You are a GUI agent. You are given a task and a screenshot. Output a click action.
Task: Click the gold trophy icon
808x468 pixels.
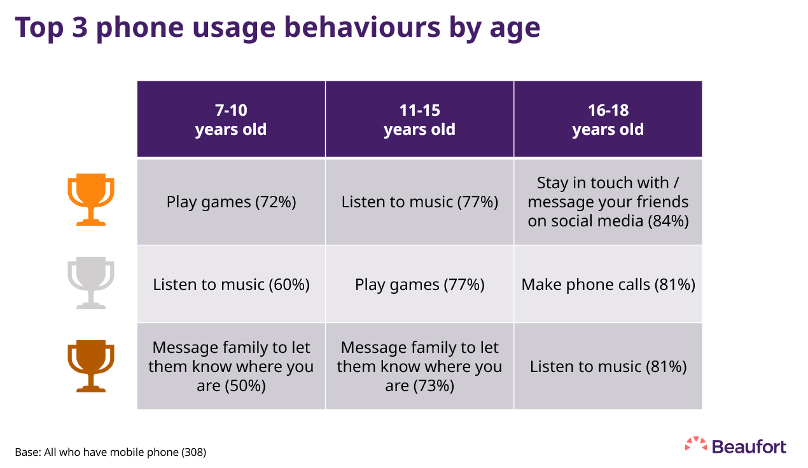click(x=91, y=200)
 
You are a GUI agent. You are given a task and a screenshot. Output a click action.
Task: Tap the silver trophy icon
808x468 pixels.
click(x=91, y=283)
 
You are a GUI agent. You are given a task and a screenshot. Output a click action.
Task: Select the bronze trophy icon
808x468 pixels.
click(x=91, y=366)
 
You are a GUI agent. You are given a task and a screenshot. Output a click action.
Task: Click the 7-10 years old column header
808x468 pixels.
click(x=231, y=120)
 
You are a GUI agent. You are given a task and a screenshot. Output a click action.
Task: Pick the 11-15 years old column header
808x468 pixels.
click(x=419, y=120)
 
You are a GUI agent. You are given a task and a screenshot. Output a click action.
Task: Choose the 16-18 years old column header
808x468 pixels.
click(x=608, y=120)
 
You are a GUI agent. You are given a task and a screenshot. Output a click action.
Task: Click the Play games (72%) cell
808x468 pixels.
click(x=231, y=202)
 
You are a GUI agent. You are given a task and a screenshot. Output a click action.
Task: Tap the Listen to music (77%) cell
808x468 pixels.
click(x=419, y=202)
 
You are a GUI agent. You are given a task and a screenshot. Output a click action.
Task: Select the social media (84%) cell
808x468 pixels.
click(x=608, y=202)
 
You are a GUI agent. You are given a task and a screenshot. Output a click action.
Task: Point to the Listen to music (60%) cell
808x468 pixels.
click(x=231, y=284)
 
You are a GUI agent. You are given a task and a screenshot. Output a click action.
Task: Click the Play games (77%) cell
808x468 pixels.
click(x=419, y=284)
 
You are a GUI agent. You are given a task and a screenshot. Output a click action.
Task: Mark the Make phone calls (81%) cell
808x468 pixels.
click(x=608, y=284)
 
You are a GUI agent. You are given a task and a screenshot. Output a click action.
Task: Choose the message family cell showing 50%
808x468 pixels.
click(x=231, y=366)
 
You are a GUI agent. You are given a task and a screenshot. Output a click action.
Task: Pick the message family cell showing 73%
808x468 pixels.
click(x=419, y=366)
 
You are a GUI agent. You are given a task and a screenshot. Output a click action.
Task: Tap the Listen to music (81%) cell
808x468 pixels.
click(x=608, y=366)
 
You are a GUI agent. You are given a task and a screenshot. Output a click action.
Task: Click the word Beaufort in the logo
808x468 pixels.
click(x=749, y=447)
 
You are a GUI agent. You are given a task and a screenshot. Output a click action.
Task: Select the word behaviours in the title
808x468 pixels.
click(x=362, y=27)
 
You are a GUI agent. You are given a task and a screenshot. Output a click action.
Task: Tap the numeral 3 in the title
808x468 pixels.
click(x=80, y=27)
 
